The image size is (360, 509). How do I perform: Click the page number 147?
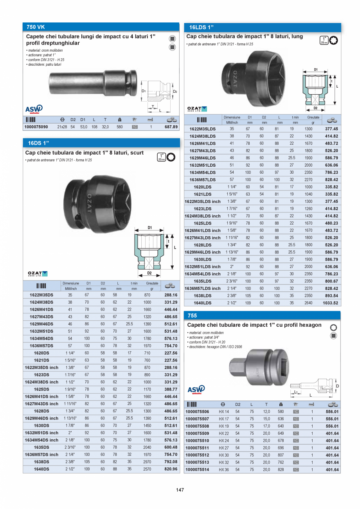coord(180,490)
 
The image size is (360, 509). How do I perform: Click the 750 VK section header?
coord(36,27)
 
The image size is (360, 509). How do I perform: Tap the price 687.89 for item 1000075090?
coord(170,127)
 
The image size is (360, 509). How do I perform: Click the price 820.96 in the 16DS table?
coord(170,469)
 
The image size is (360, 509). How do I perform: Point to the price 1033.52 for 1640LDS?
coord(330,303)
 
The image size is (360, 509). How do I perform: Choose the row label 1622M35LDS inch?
coord(202,201)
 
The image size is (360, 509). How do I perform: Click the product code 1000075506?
coord(197,412)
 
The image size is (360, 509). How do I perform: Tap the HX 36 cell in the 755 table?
coord(224,469)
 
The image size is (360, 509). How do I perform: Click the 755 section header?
coord(192,315)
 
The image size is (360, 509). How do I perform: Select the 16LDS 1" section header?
coord(201,27)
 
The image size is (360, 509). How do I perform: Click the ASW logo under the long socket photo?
coord(34,109)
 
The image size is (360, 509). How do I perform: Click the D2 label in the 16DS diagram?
coord(149,273)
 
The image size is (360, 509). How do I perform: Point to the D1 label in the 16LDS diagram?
coord(316,70)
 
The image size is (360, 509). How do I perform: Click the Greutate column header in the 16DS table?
coord(152,283)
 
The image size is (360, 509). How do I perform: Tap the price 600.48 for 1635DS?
coord(170,447)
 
